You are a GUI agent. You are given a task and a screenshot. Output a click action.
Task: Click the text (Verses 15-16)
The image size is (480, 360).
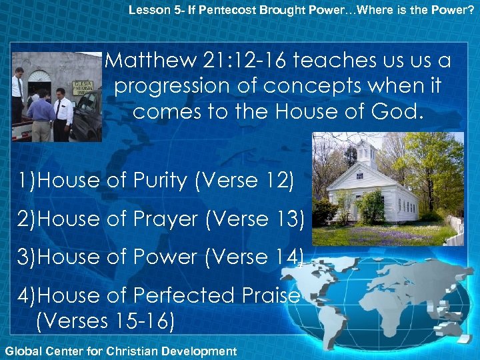click(x=105, y=321)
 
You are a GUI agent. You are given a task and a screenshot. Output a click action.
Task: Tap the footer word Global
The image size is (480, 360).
click(x=21, y=350)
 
